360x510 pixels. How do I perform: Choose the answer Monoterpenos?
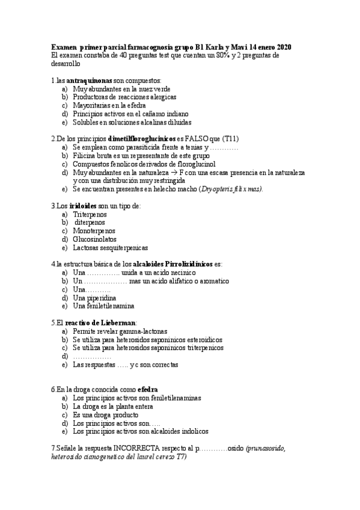94,230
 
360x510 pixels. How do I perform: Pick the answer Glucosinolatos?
95,239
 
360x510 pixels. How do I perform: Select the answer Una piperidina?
94,297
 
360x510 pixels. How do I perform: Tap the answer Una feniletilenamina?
103,306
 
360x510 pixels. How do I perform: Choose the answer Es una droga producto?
106,414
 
